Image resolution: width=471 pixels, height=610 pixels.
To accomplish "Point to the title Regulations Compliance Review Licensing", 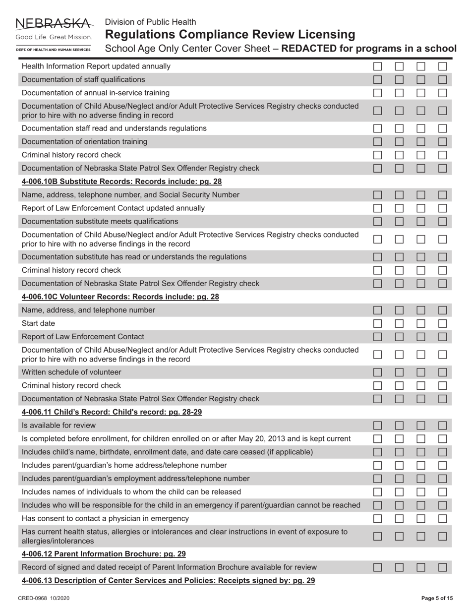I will [x=230, y=35].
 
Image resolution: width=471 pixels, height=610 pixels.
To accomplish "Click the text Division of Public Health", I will [x=150, y=22].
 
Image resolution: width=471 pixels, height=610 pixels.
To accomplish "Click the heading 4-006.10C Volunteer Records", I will [x=120, y=297].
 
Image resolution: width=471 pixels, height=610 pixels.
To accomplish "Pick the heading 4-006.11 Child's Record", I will [x=112, y=412].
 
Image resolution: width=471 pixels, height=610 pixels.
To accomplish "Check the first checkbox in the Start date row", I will [x=378, y=323].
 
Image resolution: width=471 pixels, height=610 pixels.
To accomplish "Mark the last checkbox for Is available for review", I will [x=443, y=426].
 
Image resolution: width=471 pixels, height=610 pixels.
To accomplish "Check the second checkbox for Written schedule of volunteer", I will [x=400, y=372].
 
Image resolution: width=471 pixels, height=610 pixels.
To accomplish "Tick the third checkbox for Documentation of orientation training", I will [x=421, y=142].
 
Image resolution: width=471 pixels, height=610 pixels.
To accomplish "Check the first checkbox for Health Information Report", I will [x=378, y=66].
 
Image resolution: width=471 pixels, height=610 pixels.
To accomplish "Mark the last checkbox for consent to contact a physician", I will [x=443, y=519].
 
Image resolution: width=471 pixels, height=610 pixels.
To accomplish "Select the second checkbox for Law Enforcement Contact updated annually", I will [x=400, y=208].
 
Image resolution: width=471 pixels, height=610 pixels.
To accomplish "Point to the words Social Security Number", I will [x=199, y=195].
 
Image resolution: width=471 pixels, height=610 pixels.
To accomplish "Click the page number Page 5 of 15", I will [x=436, y=599].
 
